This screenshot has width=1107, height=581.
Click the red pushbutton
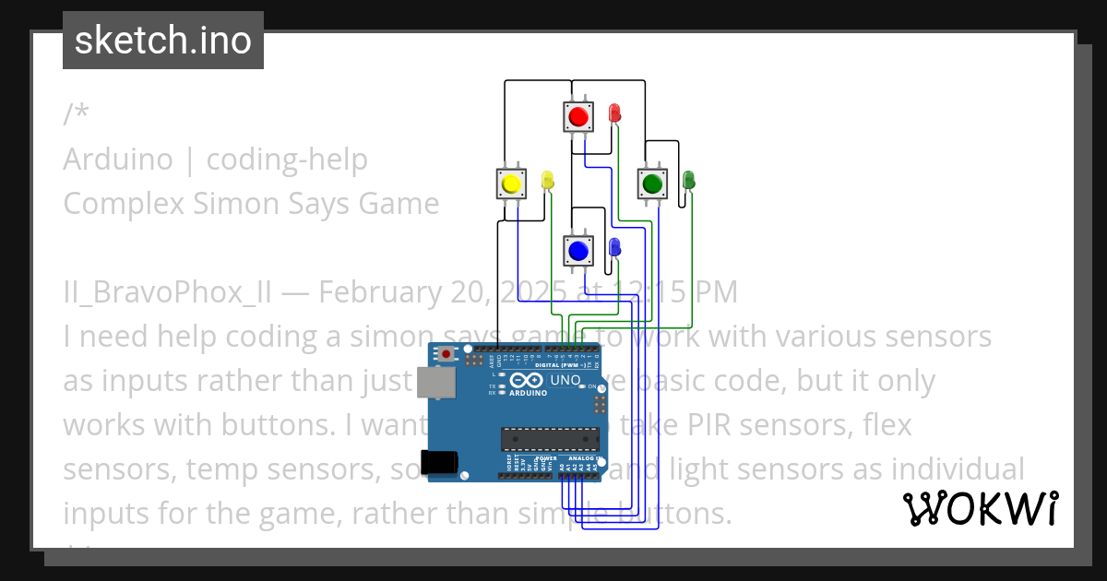point(578,117)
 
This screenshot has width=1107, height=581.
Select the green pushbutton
point(653,184)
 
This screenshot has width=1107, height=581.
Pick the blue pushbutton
point(578,250)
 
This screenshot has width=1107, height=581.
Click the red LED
point(615,113)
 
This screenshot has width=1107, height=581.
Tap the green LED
point(688,180)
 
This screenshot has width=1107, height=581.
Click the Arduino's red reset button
point(447,353)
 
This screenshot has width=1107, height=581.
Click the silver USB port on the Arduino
point(436,382)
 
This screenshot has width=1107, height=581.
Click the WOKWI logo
point(980,508)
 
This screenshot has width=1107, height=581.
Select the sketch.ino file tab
point(163,41)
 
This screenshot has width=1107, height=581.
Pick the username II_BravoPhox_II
point(168,291)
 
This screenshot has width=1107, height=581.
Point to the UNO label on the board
point(565,380)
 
